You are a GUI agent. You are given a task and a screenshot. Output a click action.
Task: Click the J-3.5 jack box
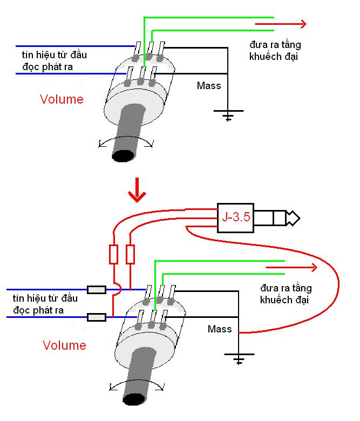tap(235, 218)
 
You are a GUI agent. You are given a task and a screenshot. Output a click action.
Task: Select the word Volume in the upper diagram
tap(62, 99)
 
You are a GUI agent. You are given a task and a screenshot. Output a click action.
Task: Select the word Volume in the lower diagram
tap(64, 345)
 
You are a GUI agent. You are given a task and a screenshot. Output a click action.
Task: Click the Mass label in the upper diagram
tap(209, 85)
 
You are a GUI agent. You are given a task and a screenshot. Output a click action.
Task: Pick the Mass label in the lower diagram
tap(220, 329)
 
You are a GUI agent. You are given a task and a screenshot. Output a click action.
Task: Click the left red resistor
tap(113, 254)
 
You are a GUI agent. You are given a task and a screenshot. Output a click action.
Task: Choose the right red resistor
tap(130, 254)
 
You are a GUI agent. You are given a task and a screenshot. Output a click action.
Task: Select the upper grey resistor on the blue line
tap(97, 290)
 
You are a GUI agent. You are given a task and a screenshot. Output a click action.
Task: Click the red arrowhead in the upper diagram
tap(302, 24)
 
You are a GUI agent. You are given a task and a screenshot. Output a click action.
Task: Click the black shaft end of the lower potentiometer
tap(133, 400)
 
